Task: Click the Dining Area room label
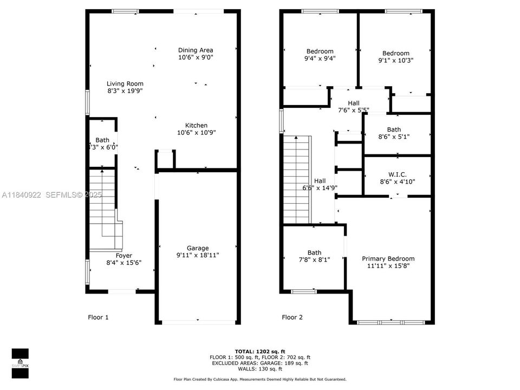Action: click(x=196, y=50)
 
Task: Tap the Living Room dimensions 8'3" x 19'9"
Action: click(x=125, y=91)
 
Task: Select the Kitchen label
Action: click(x=196, y=126)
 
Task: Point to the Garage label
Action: click(x=198, y=248)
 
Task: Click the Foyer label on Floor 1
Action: click(x=123, y=256)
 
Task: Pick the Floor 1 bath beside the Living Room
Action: click(x=102, y=143)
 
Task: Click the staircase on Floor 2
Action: click(x=296, y=179)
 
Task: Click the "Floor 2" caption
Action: click(x=292, y=317)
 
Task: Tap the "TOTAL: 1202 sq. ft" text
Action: click(x=260, y=351)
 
